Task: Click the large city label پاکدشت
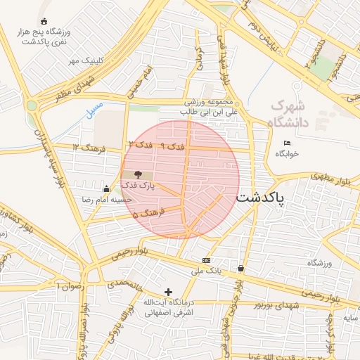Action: point(261,199)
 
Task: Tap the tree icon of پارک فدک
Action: point(137,174)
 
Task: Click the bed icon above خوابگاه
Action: point(285,143)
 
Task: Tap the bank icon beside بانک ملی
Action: point(205,259)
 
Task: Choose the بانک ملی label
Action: point(209,269)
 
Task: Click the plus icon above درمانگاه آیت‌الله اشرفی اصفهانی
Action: point(167,292)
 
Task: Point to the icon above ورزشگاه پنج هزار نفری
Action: point(45,21)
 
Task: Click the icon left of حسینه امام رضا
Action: point(106,188)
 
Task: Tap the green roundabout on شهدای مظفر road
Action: point(31,105)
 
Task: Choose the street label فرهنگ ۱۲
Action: point(85,147)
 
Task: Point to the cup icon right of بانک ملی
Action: point(241,268)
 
